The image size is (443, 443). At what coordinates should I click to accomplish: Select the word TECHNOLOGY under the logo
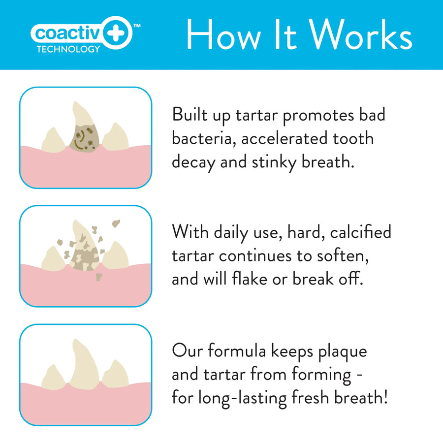click(68, 49)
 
